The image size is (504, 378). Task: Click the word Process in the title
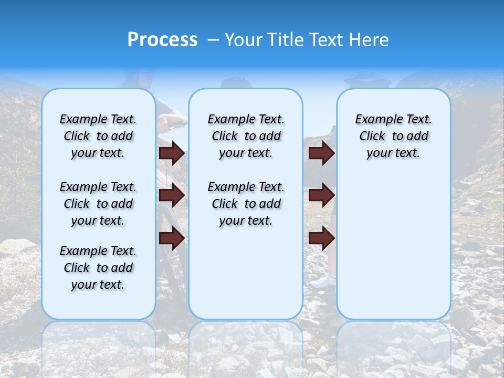[162, 40]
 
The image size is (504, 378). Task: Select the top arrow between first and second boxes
[172, 153]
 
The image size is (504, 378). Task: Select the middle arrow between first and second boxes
[172, 196]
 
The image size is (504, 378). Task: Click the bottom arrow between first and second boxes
[172, 238]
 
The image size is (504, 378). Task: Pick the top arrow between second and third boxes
[322, 153]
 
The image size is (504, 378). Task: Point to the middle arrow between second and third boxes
[322, 196]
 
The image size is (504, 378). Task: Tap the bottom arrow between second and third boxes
[322, 238]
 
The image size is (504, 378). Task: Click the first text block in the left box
[98, 136]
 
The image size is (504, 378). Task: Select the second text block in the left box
[98, 204]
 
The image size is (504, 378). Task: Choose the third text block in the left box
[98, 268]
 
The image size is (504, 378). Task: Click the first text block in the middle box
[246, 136]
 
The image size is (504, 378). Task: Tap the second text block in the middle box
[246, 204]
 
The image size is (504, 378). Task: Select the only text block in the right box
[393, 136]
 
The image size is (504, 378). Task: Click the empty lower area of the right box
[393, 247]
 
